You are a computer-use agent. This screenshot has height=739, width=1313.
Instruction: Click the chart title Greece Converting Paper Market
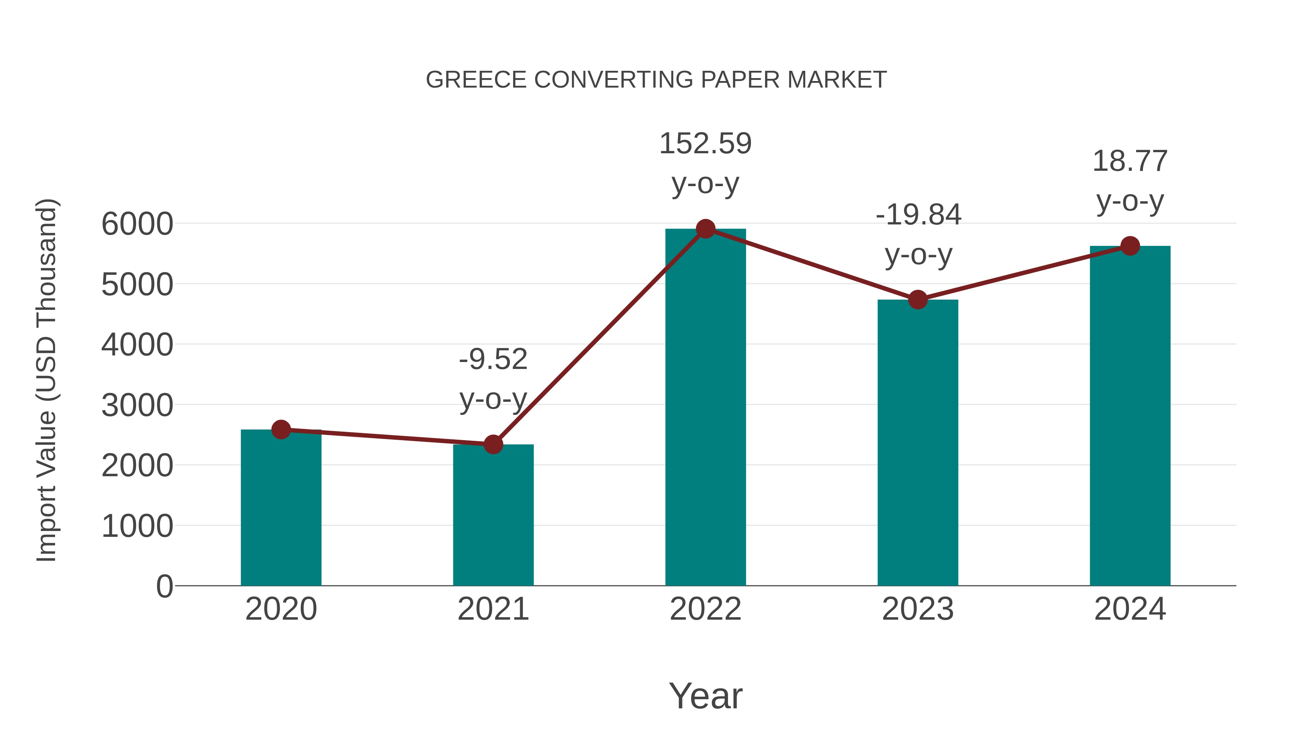[656, 80]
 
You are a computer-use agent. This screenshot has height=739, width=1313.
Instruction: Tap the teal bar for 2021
[493, 515]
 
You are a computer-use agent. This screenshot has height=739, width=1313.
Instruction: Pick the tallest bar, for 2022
[705, 408]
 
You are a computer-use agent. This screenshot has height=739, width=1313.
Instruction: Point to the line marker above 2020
[281, 430]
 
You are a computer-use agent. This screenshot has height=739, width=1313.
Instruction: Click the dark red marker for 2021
[493, 444]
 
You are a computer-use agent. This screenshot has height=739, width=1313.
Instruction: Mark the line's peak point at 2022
[705, 229]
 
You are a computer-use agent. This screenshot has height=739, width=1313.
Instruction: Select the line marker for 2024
[1130, 246]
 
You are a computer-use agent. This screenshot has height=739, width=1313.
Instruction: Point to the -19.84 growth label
[918, 215]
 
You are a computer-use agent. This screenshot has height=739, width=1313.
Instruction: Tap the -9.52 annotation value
[493, 359]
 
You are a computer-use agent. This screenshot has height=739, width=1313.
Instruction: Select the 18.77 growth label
[1130, 162]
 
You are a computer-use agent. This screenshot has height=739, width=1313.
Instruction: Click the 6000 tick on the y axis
[137, 224]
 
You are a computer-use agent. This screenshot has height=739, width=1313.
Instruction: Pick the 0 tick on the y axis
[164, 586]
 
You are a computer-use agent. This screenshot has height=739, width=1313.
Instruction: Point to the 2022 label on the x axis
[705, 609]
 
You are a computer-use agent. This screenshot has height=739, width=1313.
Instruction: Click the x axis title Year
[705, 696]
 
